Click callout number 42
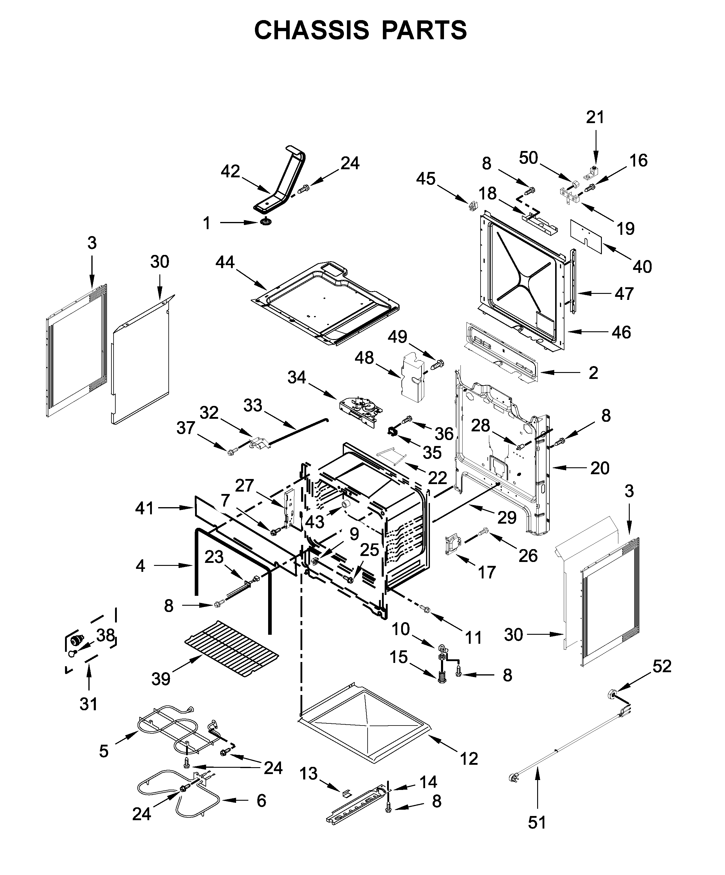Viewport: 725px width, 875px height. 230,171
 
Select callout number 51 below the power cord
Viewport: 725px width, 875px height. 537,822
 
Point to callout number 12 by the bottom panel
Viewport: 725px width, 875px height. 469,759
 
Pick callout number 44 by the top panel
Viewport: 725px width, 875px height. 225,262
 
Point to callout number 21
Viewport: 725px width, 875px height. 595,117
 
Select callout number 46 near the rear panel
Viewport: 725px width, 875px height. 621,332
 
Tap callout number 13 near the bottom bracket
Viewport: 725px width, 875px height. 309,773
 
